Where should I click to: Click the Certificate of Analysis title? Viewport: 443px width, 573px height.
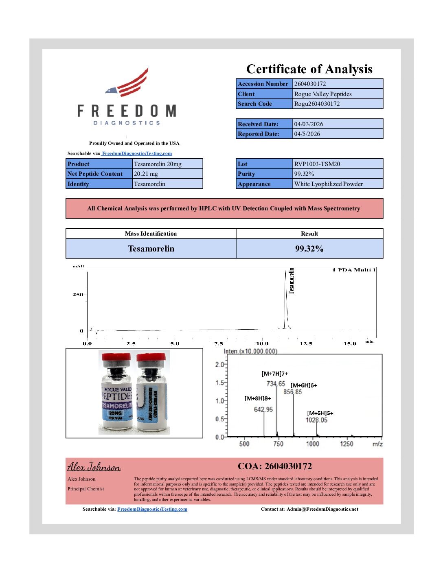point(309,69)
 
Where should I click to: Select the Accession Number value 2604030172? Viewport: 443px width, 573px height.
point(310,84)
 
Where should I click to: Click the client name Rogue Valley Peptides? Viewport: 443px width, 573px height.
point(323,94)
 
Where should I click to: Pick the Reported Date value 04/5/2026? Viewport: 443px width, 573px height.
point(307,134)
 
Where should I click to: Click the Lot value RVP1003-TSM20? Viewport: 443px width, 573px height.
point(317,164)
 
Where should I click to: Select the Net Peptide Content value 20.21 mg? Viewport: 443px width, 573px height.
point(146,174)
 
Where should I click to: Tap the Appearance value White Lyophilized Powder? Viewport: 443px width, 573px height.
point(329,184)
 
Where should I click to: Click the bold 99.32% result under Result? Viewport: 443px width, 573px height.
point(309,249)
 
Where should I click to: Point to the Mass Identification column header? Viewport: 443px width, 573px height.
point(151,234)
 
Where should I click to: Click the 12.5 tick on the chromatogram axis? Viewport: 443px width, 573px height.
point(306,343)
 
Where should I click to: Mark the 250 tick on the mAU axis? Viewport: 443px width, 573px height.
point(78,295)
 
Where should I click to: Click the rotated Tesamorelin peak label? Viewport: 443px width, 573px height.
point(291,281)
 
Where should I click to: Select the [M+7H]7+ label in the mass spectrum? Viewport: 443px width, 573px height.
point(274,374)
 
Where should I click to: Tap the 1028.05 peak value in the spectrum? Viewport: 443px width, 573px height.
point(316,420)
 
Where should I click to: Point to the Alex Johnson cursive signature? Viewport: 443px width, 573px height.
point(94,467)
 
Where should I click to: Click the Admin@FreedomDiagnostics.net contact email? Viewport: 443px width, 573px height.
point(322,509)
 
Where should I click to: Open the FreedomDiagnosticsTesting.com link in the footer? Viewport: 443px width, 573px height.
point(152,509)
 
